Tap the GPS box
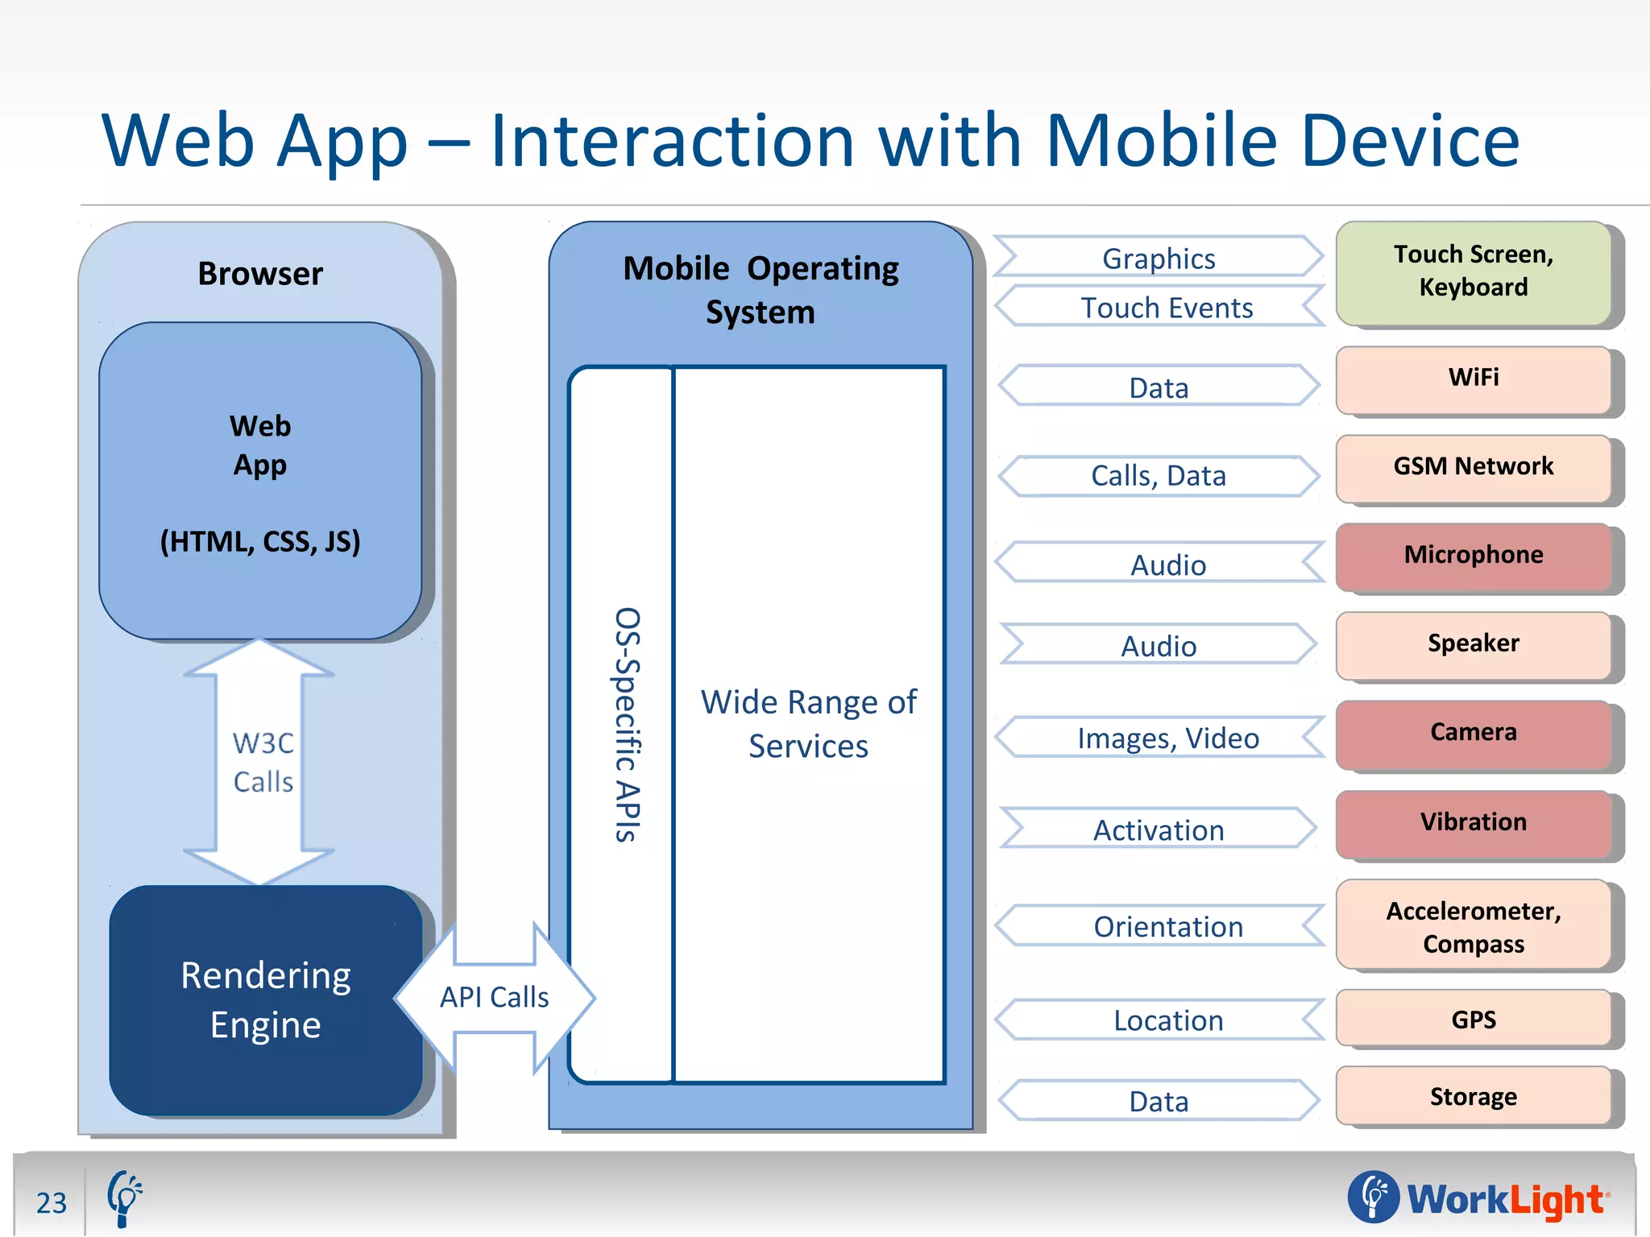(x=1473, y=1019)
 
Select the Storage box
(x=1473, y=1096)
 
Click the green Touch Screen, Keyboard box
(x=1473, y=272)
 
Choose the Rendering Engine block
(x=266, y=999)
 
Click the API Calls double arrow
(x=494, y=997)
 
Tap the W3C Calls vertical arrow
(x=259, y=761)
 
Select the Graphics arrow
(x=1159, y=258)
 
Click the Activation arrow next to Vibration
(x=1159, y=829)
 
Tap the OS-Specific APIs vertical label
(x=628, y=724)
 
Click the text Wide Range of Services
(x=808, y=723)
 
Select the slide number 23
(x=52, y=1202)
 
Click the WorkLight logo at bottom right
(x=1479, y=1198)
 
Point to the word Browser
(x=260, y=274)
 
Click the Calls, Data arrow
(x=1159, y=475)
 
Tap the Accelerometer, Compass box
(x=1473, y=926)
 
